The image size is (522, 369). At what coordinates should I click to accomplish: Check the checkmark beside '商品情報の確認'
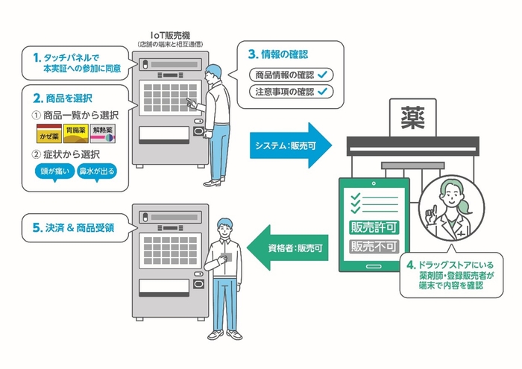tap(321, 75)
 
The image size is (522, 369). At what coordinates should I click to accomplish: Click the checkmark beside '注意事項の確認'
tap(321, 92)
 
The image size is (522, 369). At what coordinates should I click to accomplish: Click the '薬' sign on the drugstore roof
tap(411, 117)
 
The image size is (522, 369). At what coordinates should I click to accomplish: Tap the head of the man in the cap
tap(214, 73)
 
